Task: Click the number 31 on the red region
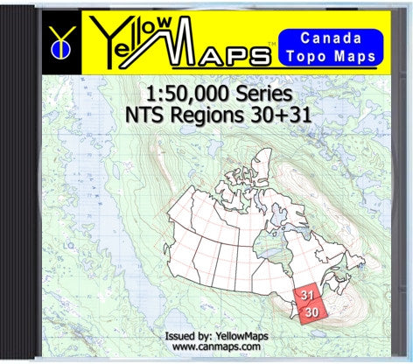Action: click(x=306, y=295)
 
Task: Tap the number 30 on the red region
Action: click(x=312, y=311)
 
